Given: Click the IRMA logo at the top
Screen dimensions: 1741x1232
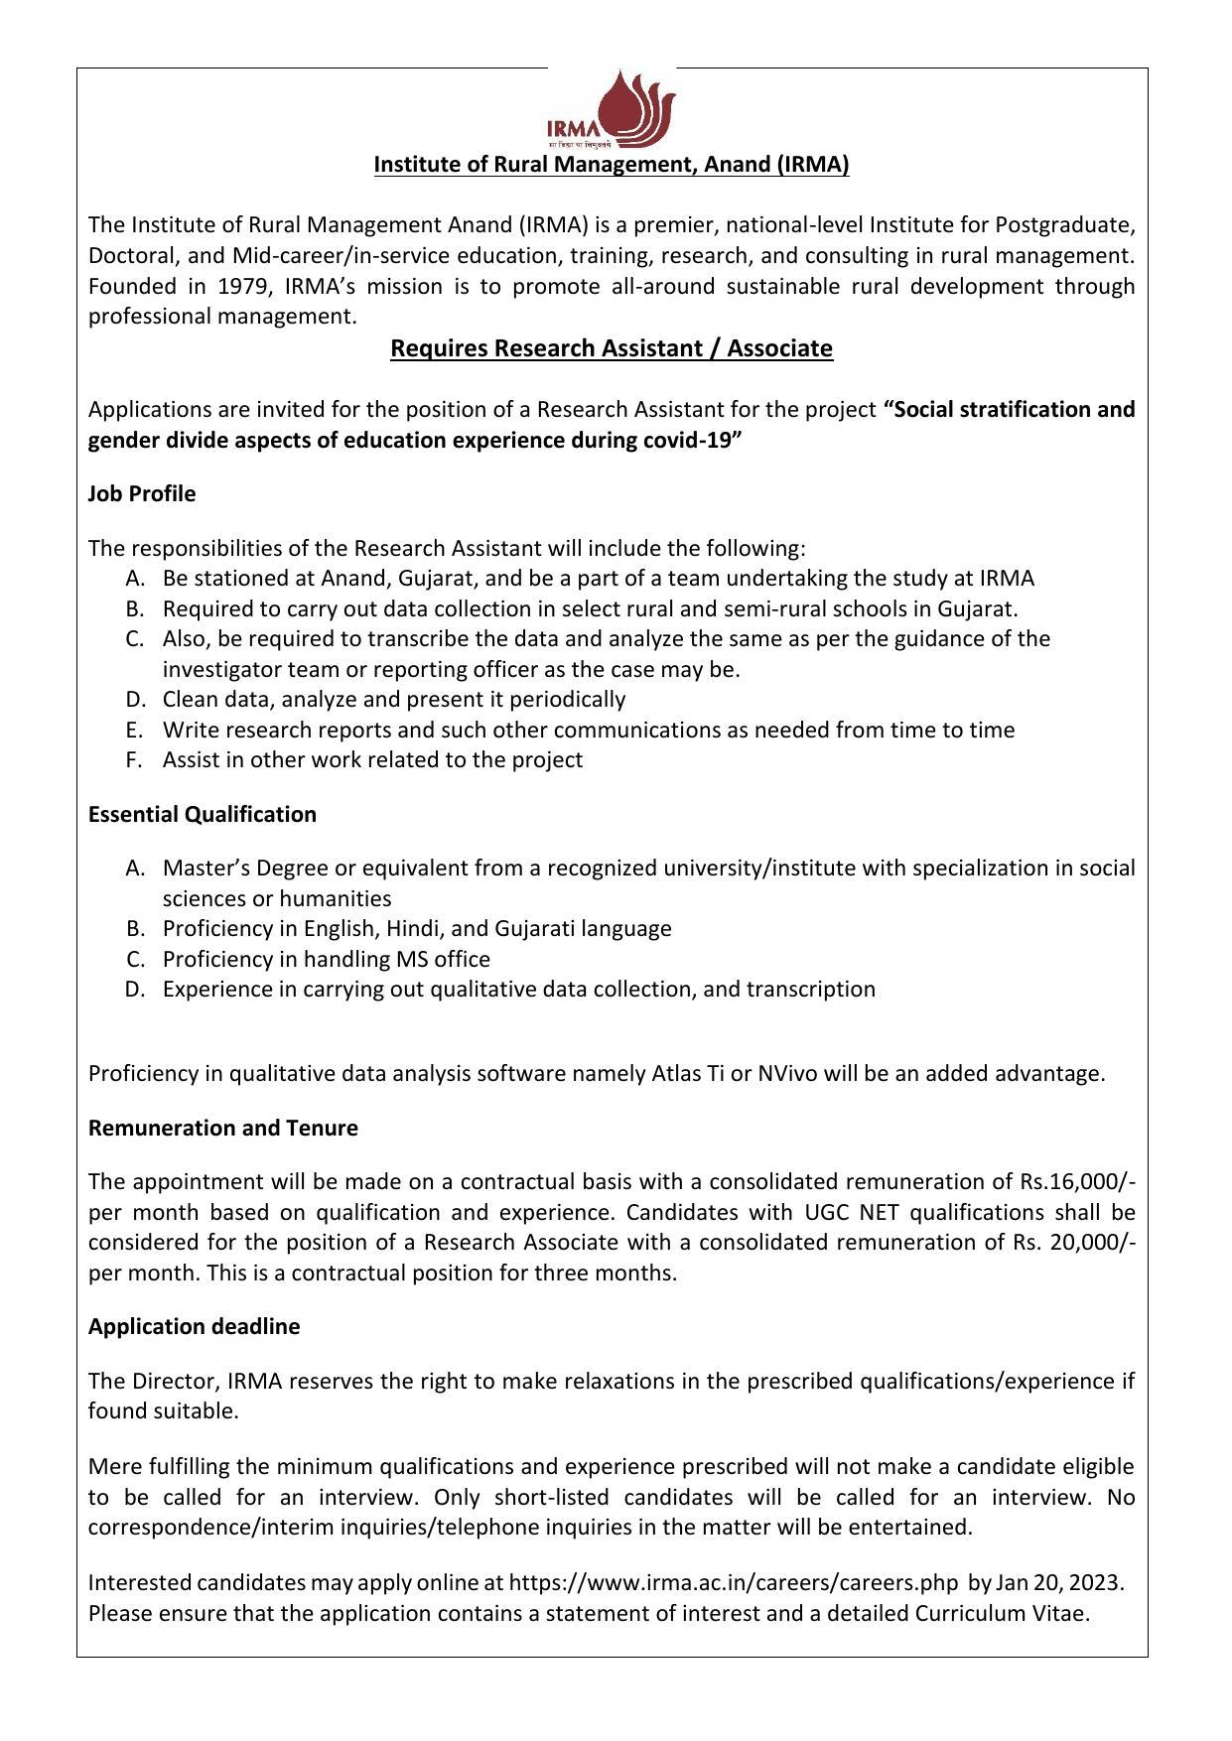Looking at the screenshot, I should pyautogui.click(x=611, y=108).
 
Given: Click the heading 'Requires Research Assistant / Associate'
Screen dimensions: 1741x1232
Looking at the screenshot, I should pyautogui.click(x=611, y=348).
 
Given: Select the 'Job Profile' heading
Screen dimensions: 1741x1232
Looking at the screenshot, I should pyautogui.click(x=142, y=493).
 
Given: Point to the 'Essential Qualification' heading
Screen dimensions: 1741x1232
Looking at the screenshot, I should pyautogui.click(x=203, y=814).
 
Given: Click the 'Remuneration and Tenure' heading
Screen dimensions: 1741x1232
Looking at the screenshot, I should pyautogui.click(x=223, y=1128).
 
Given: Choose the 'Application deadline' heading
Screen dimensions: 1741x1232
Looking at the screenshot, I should pyautogui.click(x=194, y=1326).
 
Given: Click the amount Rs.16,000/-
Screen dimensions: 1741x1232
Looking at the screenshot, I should pyautogui.click(x=1077, y=1181).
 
